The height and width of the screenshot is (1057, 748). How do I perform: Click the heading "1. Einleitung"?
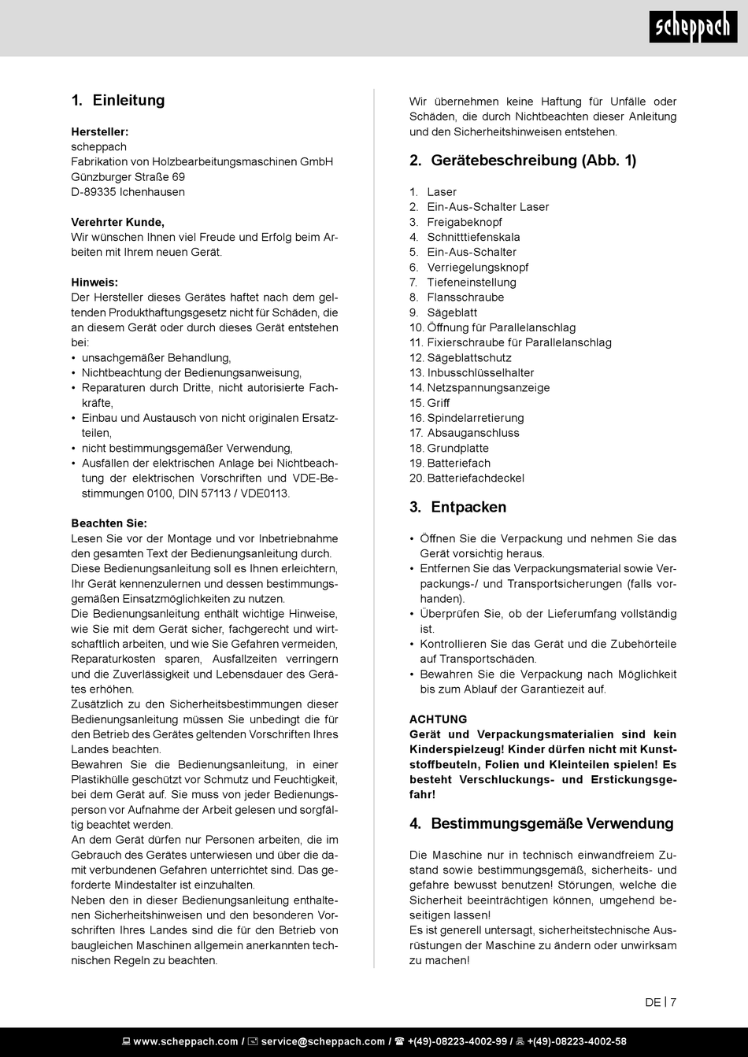point(118,101)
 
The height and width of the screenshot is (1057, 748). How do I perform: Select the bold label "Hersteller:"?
point(100,131)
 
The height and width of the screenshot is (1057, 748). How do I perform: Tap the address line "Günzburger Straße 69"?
point(128,177)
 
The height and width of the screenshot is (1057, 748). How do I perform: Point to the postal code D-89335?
point(94,192)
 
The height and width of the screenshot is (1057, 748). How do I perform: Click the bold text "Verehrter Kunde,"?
point(118,222)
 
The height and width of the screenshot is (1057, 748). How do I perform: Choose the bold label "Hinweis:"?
point(94,283)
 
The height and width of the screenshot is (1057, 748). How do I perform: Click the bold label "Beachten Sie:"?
point(109,523)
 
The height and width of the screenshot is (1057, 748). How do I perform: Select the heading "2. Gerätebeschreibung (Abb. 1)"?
point(523,161)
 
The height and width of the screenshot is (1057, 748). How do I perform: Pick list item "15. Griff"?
point(430,403)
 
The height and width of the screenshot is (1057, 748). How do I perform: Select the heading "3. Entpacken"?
point(458,507)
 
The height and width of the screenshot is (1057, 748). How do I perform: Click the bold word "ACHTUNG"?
point(439,719)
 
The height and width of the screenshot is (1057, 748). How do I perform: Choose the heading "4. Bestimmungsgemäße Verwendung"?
point(542,824)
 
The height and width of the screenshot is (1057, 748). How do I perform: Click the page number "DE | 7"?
point(661,1003)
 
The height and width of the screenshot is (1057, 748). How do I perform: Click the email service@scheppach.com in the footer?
point(323,1041)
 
